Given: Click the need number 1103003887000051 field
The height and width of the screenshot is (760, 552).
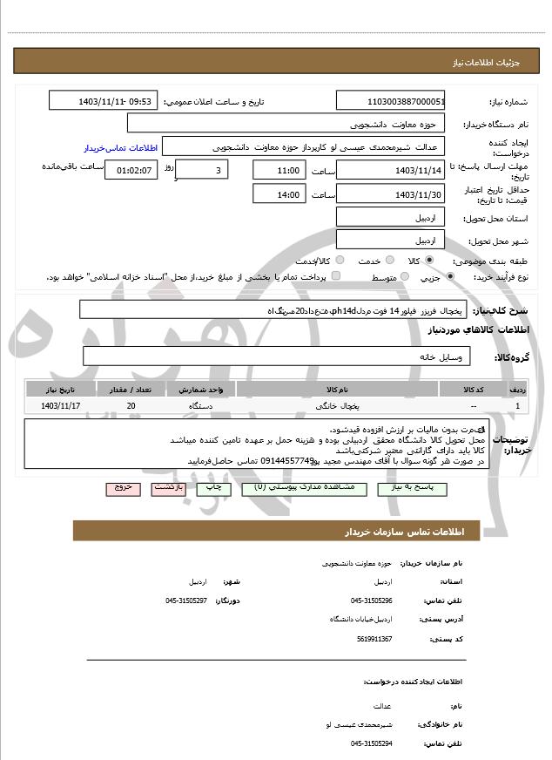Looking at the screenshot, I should pyautogui.click(x=391, y=102).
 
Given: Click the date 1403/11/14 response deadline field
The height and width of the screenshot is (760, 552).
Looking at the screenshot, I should pyautogui.click(x=391, y=170).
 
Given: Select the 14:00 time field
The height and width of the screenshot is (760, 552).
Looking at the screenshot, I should pyautogui.click(x=279, y=193).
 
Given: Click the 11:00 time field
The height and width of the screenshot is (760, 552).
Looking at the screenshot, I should pyautogui.click(x=279, y=170).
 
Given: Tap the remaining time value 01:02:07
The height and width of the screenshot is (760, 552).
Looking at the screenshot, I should pyautogui.click(x=131, y=170).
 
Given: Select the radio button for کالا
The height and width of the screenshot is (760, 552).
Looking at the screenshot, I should pyautogui.click(x=429, y=261).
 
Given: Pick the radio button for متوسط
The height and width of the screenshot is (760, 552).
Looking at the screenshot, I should pyautogui.click(x=401, y=277).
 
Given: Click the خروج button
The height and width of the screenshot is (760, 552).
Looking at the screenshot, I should pyautogui.click(x=123, y=488).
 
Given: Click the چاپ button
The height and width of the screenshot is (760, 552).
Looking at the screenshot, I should pyautogui.click(x=215, y=488).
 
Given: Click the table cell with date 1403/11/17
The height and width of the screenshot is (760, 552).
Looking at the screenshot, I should pyautogui.click(x=61, y=406).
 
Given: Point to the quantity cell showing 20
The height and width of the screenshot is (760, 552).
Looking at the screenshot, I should pyautogui.click(x=131, y=406).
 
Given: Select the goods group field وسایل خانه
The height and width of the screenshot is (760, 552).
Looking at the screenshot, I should pyautogui.click(x=277, y=356).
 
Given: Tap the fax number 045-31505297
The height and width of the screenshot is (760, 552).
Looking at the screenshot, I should pyautogui.click(x=186, y=601).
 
